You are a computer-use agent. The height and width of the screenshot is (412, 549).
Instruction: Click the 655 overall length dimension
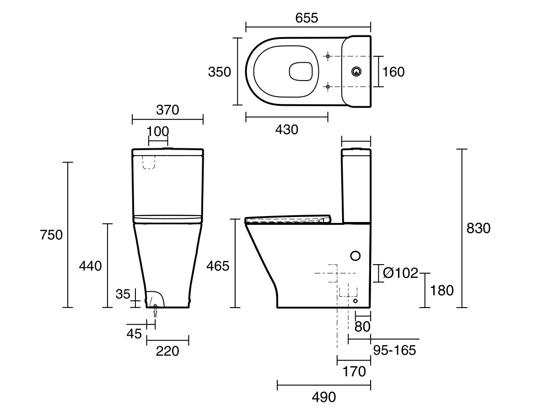307,18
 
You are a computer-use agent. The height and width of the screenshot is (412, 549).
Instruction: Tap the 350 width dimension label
219,72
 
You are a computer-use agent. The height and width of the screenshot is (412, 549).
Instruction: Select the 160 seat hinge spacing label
393,72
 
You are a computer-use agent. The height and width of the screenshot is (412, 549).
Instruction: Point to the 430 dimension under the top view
287,130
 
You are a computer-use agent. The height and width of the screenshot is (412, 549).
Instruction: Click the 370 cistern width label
167,110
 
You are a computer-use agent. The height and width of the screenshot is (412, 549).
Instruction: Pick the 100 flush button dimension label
158,131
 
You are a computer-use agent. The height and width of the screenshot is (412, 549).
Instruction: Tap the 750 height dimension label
51,235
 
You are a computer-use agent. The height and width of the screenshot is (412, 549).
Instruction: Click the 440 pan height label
90,266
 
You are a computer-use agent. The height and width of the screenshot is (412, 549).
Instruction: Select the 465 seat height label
218,266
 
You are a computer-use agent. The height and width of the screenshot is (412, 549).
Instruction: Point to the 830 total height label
478,228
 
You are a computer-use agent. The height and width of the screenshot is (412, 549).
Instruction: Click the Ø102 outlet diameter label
401,273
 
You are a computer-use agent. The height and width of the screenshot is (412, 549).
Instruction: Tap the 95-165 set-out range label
394,350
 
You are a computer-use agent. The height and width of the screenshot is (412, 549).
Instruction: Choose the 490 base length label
323,397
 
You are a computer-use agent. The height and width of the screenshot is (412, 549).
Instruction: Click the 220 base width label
167,351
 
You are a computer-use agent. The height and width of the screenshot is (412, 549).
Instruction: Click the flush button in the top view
356,71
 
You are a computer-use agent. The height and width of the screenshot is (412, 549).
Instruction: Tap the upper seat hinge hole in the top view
328,56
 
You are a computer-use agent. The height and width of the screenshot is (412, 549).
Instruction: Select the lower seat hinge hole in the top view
328,87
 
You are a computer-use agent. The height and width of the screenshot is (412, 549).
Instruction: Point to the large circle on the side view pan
355,256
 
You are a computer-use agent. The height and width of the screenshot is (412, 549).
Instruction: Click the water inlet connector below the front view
155,311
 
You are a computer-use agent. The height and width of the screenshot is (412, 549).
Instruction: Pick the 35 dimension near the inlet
123,294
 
